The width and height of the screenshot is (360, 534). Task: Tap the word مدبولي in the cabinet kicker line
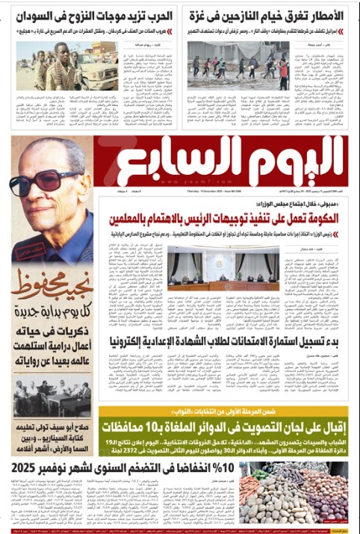(328, 202)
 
